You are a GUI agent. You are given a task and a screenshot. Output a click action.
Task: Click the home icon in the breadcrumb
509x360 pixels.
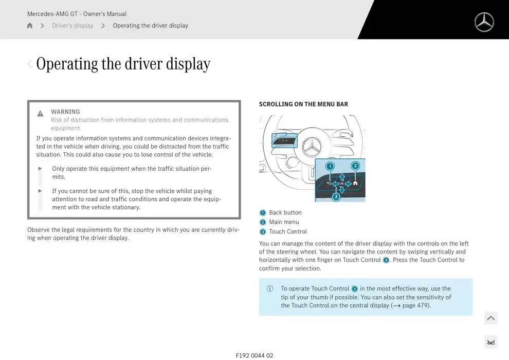click(x=30, y=26)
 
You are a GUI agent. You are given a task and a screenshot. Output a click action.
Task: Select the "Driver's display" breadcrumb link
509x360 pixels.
click(x=72, y=26)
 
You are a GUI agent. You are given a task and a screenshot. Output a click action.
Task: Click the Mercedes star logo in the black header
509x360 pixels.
click(x=484, y=22)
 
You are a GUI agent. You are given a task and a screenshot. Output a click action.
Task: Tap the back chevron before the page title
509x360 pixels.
click(x=30, y=64)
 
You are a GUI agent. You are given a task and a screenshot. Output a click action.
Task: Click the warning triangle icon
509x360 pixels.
click(x=40, y=114)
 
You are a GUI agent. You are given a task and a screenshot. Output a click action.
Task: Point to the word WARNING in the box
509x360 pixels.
click(x=65, y=112)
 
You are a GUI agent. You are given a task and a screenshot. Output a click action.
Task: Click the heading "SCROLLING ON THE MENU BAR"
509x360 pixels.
click(x=303, y=104)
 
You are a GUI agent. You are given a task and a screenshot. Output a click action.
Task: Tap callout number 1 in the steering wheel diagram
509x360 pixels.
click(x=330, y=166)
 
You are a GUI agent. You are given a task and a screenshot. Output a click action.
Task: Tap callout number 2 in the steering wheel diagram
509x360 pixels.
click(x=355, y=166)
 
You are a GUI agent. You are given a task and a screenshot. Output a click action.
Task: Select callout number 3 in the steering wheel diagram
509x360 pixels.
click(x=336, y=196)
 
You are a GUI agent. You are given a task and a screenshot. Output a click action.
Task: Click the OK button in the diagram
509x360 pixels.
click(x=342, y=184)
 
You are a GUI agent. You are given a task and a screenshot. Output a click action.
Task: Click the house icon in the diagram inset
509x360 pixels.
click(x=355, y=183)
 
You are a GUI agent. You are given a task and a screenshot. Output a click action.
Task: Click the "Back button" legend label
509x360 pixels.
click(x=285, y=212)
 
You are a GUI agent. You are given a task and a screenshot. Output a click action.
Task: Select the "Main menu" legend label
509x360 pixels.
click(x=284, y=222)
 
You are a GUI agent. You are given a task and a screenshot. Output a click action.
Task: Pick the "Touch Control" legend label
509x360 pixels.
click(x=288, y=231)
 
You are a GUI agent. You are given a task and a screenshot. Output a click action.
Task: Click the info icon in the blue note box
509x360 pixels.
click(x=270, y=289)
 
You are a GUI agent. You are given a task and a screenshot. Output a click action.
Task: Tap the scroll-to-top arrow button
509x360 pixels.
click(x=490, y=318)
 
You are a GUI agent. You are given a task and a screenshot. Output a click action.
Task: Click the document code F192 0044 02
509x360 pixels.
click(x=254, y=355)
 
